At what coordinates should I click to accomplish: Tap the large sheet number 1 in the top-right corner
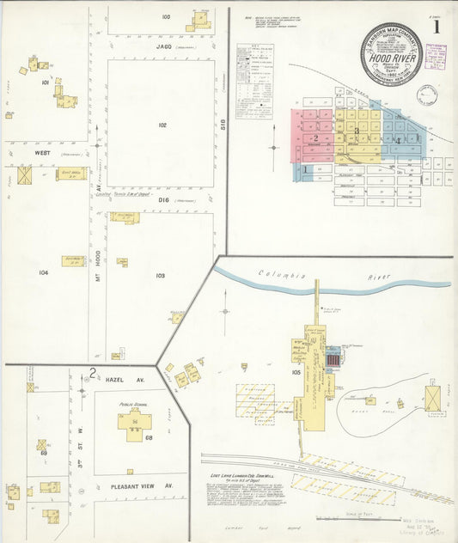[437, 27]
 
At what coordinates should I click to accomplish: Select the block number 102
[161, 125]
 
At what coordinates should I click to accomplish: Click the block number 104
[43, 271]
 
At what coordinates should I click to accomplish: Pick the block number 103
[160, 276]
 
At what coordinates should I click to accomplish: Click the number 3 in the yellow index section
[357, 131]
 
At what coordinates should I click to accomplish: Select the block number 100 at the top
[165, 17]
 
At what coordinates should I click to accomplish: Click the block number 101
[45, 83]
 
